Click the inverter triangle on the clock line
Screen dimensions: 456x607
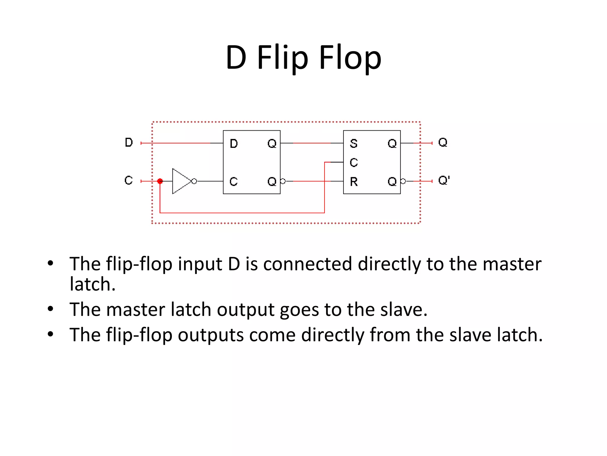tap(180, 181)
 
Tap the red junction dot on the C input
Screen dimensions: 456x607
tap(160, 181)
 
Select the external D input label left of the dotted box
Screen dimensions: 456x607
tap(129, 142)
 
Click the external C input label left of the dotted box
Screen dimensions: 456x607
tap(129, 180)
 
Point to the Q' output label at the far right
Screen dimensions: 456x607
tap(444, 180)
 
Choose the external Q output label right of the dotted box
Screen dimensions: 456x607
tap(443, 142)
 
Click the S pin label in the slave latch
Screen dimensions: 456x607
tap(354, 144)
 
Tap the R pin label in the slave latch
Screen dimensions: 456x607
tap(354, 181)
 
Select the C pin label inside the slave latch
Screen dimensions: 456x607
tap(354, 162)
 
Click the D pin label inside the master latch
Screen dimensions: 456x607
tap(234, 144)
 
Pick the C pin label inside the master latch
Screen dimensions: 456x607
tap(234, 181)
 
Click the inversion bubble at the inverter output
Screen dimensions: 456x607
tap(194, 181)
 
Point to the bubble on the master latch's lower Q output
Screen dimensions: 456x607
tap(283, 181)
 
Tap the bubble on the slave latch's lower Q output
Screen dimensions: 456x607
tap(403, 181)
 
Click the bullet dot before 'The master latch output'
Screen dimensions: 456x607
tap(50, 309)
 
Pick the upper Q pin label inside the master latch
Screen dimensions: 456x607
tap(272, 144)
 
